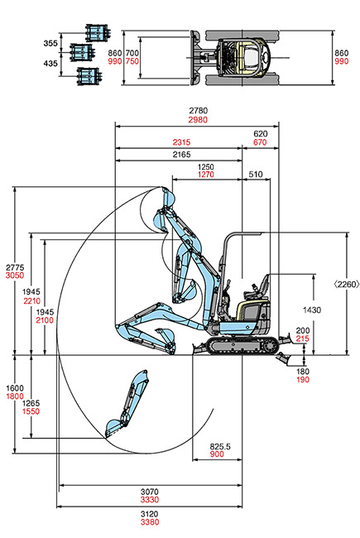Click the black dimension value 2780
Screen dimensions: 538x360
pyautogui.click(x=197, y=110)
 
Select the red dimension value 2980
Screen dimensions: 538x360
pyautogui.click(x=197, y=120)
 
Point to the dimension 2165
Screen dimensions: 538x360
pyautogui.click(x=182, y=155)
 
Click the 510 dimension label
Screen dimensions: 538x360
pyautogui.click(x=255, y=175)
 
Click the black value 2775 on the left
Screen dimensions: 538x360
pyautogui.click(x=13, y=267)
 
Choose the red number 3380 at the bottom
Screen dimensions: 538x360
pyautogui.click(x=150, y=522)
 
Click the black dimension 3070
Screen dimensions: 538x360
pyautogui.click(x=150, y=492)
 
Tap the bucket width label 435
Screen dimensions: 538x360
pyautogui.click(x=50, y=63)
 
